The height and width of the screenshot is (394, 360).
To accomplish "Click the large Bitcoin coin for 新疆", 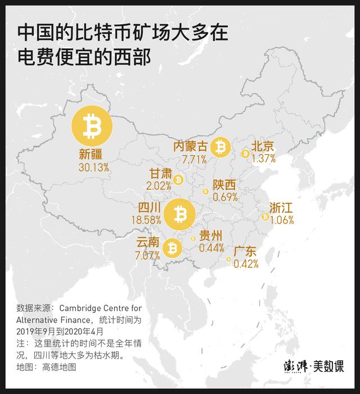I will pos(91,126).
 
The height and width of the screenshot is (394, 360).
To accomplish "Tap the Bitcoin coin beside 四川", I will pos(180,214).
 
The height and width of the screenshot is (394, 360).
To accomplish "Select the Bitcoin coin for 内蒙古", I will pos(220,147).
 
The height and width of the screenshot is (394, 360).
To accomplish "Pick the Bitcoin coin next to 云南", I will pos(172,247).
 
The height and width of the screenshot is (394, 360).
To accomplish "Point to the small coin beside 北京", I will pos(245,153).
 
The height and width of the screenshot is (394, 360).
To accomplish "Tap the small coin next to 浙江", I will pos(264,216).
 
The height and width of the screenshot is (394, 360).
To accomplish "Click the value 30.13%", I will pos(94,167).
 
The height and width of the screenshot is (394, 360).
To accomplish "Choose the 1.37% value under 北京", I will pos(264,159).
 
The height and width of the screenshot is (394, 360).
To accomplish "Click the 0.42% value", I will pos(246,263).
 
